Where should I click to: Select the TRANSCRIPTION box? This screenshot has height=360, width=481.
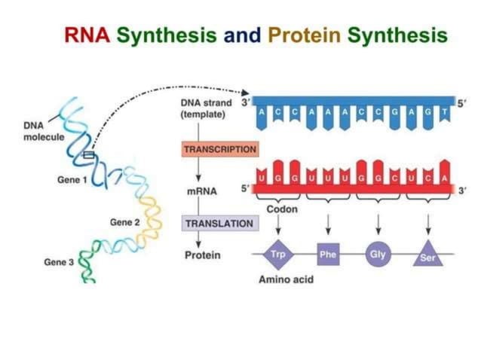click(x=220, y=149)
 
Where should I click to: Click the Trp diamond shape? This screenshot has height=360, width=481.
click(x=277, y=255)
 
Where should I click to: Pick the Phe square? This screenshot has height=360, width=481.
click(x=327, y=255)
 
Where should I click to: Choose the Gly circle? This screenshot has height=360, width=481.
click(x=378, y=254)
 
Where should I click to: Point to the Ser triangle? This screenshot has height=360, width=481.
click(x=427, y=257)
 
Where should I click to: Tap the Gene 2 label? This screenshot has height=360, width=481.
click(x=125, y=222)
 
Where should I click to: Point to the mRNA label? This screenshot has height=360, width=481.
click(x=201, y=192)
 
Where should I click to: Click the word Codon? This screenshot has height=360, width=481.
click(x=283, y=209)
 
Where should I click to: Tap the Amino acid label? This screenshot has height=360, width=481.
click(x=286, y=279)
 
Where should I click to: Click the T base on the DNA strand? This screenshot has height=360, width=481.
click(x=445, y=111)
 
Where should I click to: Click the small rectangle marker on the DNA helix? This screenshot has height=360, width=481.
click(x=89, y=154)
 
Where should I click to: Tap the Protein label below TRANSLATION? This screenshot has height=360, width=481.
click(x=203, y=255)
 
